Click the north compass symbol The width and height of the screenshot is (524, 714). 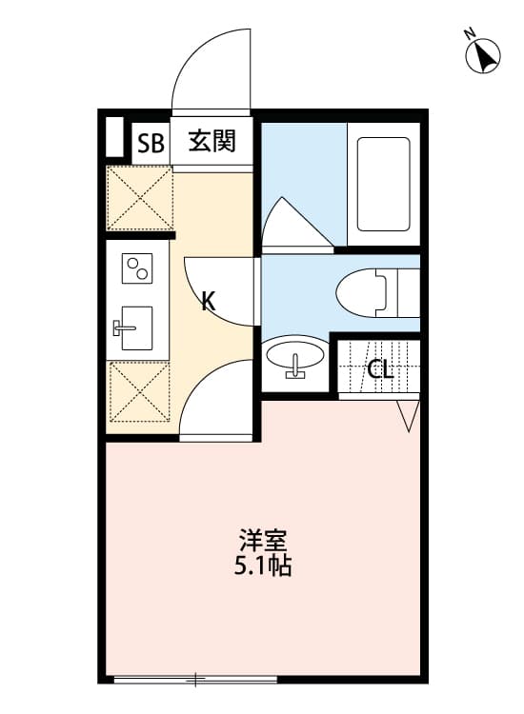pos(482,54)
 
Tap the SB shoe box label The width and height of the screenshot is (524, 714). pos(151,144)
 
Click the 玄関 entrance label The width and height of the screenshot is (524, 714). pos(212,141)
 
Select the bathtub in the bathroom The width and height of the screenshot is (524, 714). pos(383,184)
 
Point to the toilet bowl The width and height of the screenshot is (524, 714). pos(377,292)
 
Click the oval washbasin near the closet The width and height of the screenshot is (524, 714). pos(295,357)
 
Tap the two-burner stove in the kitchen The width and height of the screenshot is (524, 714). pos(137,268)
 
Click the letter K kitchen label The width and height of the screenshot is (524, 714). pos(209,301)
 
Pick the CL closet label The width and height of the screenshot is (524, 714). pos(380,369)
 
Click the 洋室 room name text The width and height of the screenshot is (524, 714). pos(263,541)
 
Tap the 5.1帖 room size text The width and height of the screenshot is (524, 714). pos(263,566)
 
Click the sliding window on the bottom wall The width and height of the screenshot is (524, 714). pos(195,680)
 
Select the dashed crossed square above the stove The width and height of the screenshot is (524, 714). pos(140,198)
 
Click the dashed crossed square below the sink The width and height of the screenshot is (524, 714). pos(140,391)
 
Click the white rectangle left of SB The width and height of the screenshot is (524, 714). pos(114,136)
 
